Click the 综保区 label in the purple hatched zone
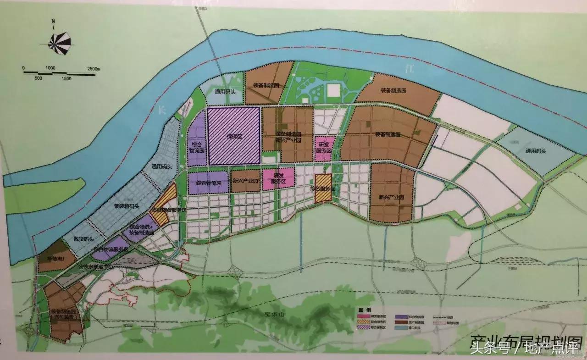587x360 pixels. coord(233,136)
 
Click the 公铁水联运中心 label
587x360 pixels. coord(95,265)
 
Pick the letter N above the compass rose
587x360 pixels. coord(53,21)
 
